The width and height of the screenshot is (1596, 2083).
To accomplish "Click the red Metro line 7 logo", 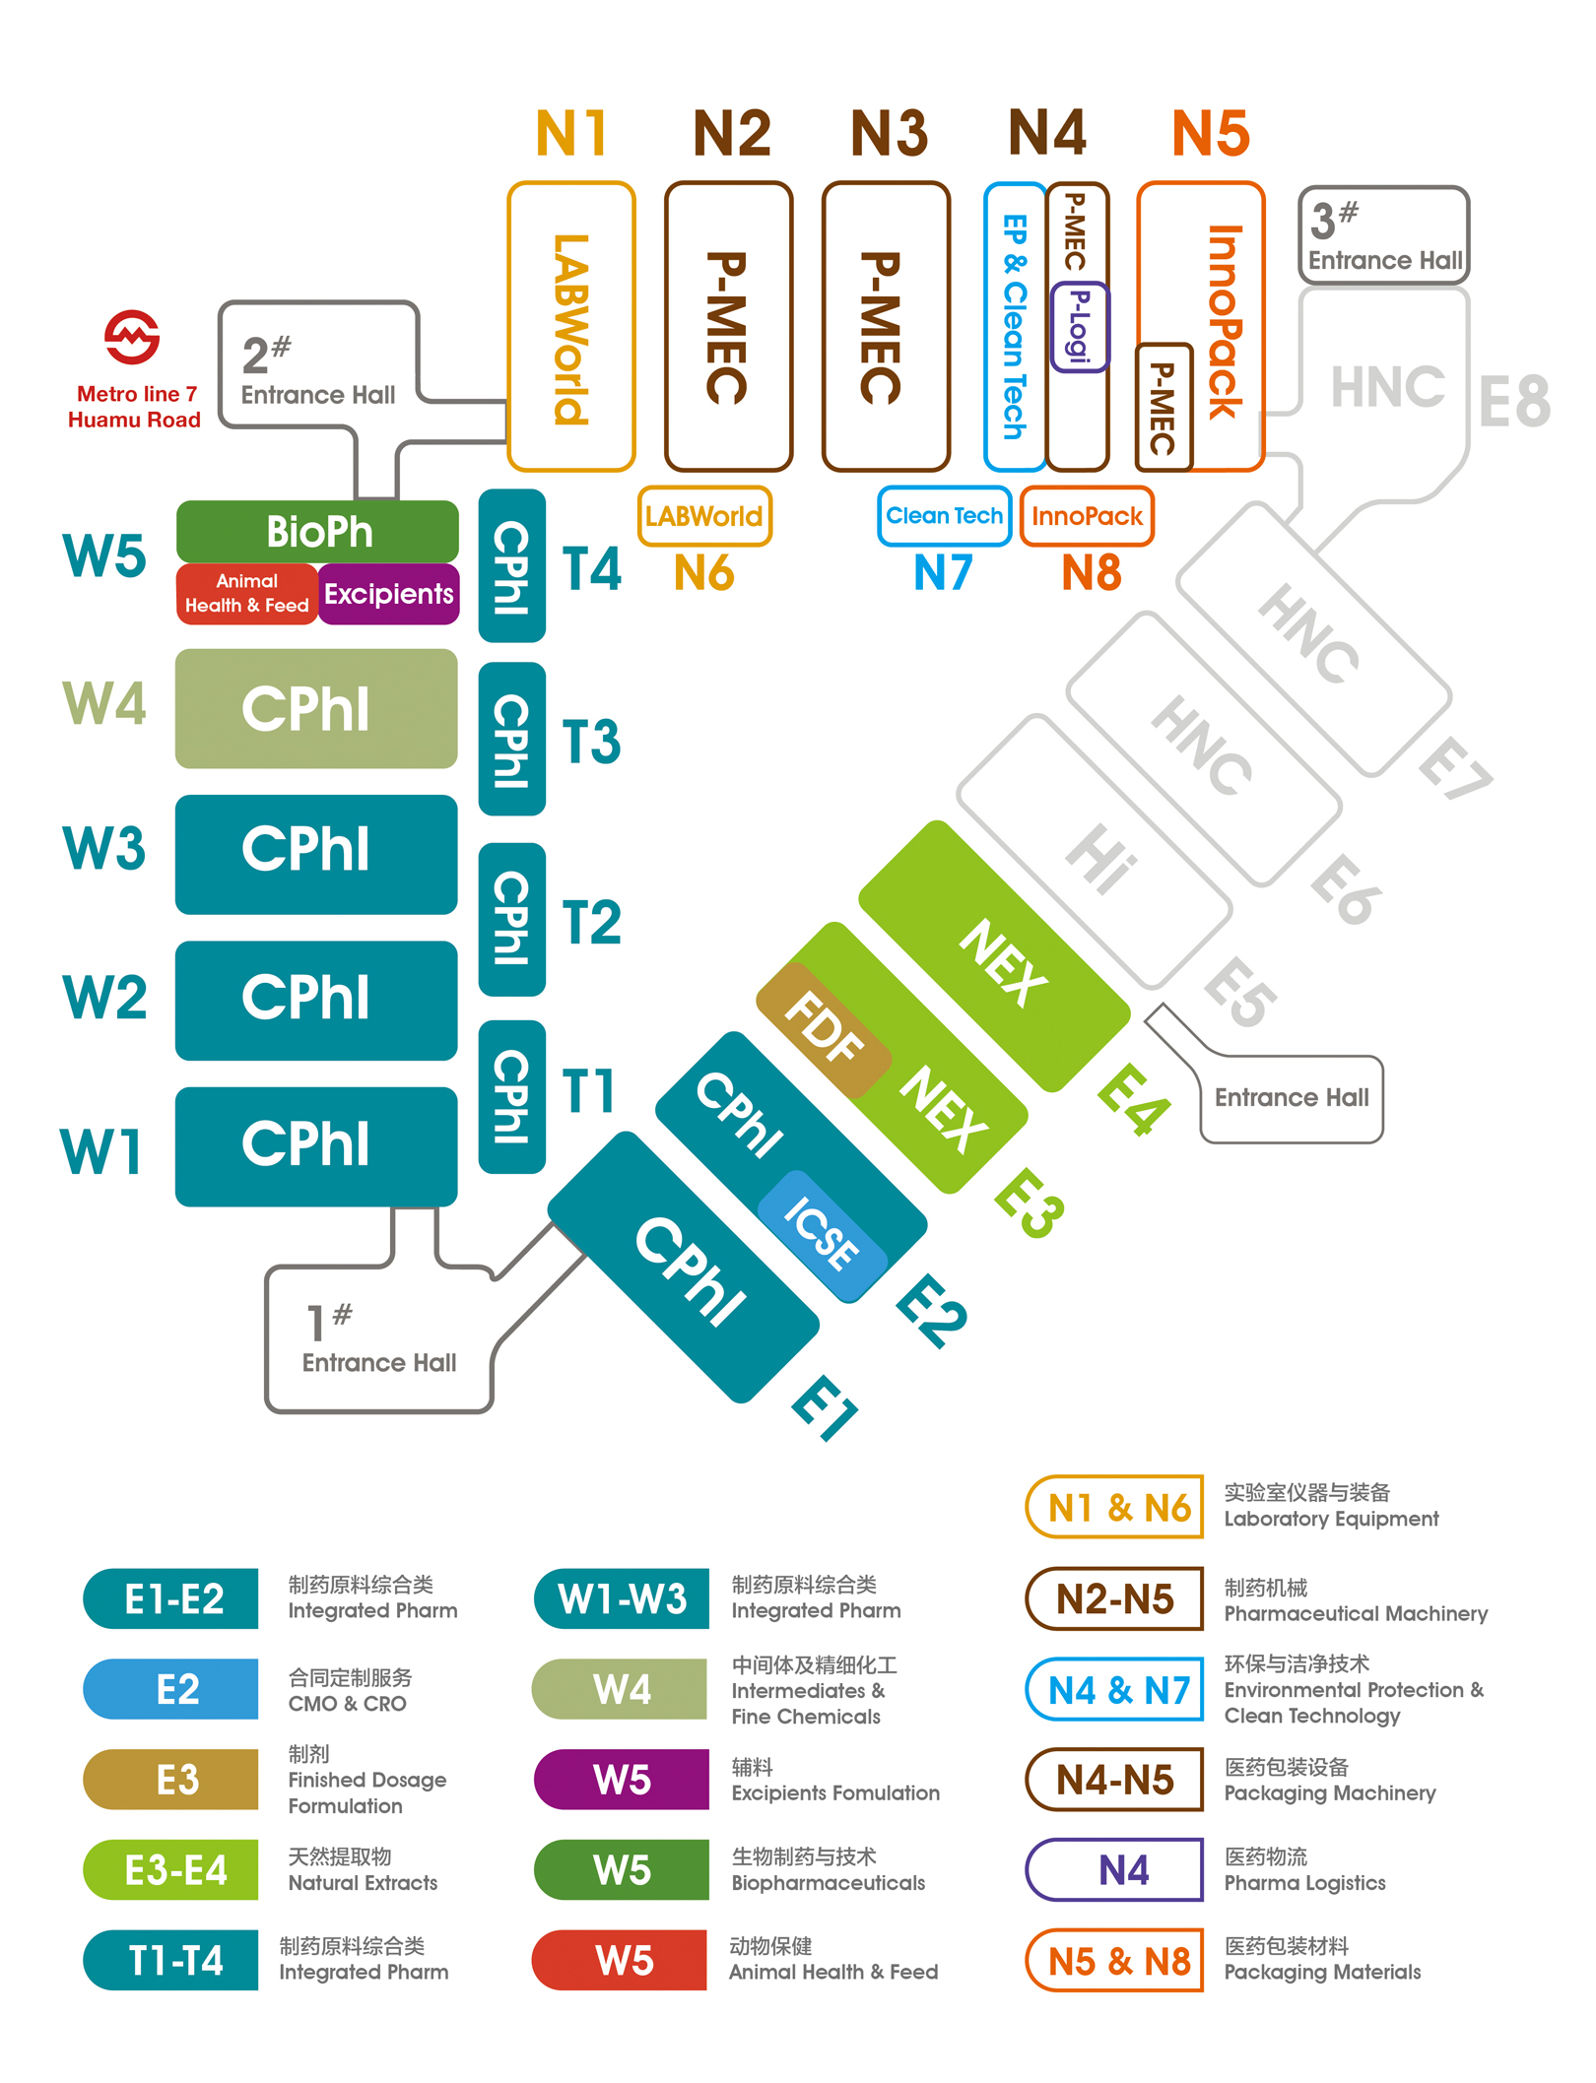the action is click(132, 337).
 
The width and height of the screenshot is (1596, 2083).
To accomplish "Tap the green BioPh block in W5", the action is click(317, 532).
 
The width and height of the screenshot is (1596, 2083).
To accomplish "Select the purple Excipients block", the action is click(389, 594).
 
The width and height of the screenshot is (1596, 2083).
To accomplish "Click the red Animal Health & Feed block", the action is click(247, 594).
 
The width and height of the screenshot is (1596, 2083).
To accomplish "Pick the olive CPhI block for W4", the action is click(316, 708).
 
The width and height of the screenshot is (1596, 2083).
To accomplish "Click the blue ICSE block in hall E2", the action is click(823, 1235).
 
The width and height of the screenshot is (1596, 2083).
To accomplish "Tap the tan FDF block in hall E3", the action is click(824, 1028).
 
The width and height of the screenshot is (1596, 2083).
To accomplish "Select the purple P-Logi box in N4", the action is click(1080, 327).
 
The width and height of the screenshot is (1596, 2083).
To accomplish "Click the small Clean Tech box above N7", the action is click(945, 516).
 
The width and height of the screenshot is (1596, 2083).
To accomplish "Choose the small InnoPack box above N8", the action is click(1087, 516).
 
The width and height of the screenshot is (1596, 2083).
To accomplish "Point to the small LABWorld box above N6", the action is click(704, 516).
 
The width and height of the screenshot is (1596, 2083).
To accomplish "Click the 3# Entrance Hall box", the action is click(1384, 235).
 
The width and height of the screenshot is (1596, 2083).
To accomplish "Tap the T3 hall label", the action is click(591, 742).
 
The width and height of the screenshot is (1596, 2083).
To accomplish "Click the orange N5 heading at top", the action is click(1211, 134).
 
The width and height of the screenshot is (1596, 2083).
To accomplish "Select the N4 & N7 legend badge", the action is click(1115, 1690).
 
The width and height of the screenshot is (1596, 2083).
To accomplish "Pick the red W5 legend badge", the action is click(620, 1960).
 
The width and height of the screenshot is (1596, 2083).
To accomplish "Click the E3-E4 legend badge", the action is click(171, 1869).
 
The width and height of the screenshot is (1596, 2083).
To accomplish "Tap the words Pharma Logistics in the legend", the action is click(1304, 1883).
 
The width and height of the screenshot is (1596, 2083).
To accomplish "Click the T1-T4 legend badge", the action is click(171, 1960).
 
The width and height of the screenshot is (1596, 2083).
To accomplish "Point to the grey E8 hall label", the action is click(1515, 402).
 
